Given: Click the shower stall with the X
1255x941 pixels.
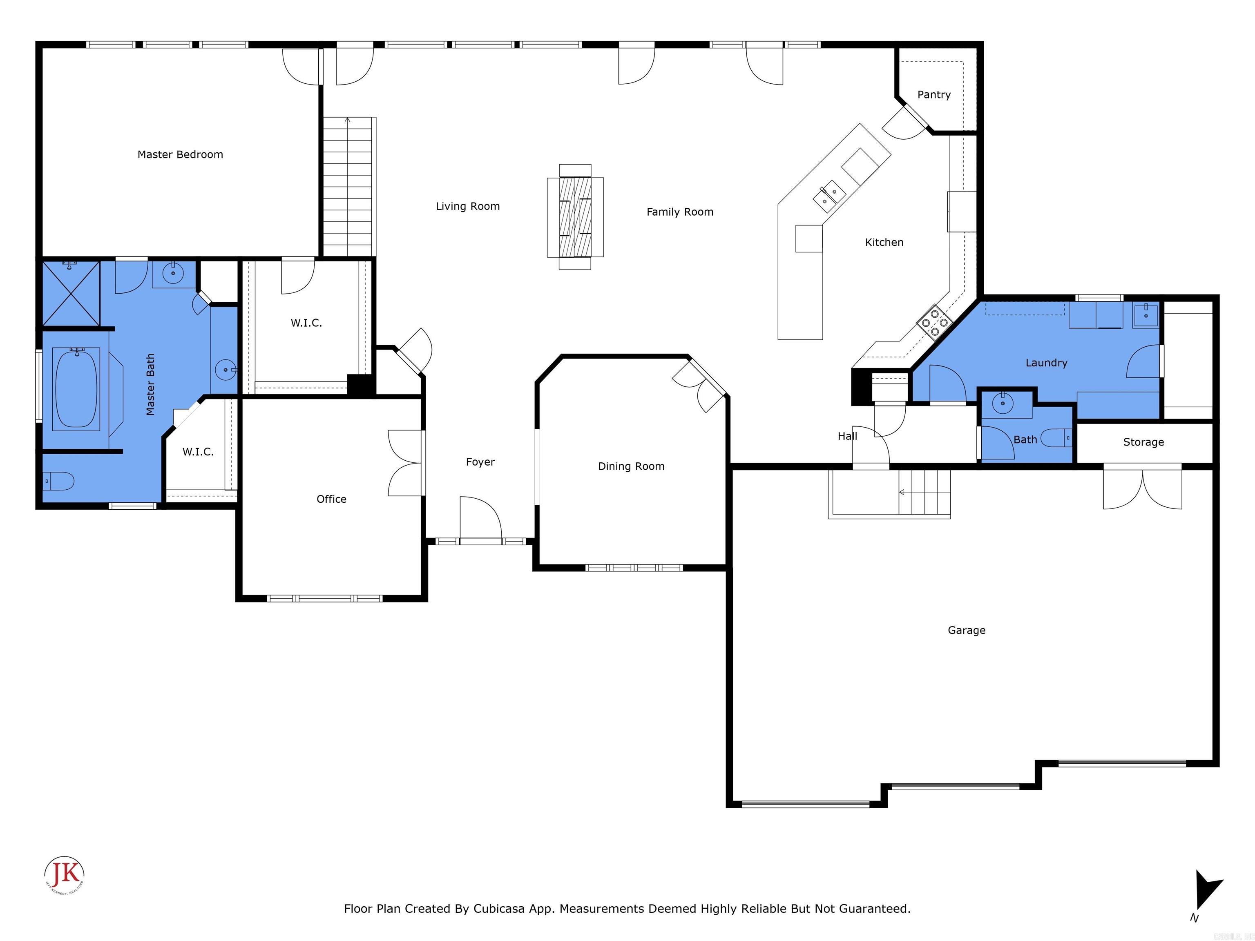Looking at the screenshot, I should [71, 294].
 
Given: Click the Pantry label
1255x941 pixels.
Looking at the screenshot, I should [933, 95].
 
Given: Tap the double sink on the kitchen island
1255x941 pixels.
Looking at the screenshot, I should [829, 196].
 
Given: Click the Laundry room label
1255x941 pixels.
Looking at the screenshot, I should [1046, 362].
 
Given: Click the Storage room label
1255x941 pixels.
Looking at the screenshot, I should [1143, 442].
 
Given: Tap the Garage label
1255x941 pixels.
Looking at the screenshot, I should [966, 630].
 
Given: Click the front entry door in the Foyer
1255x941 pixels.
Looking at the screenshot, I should [480, 519].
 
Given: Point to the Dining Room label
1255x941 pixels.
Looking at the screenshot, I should [631, 466].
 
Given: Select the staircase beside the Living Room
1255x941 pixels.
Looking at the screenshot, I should [347, 187].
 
